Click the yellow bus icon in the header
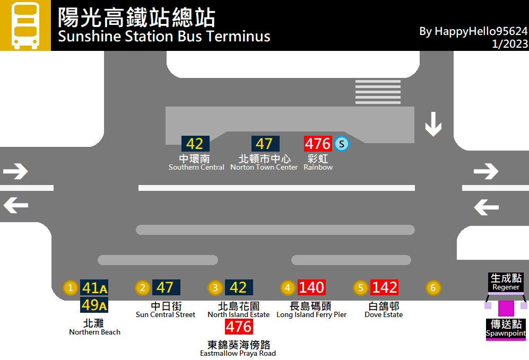(25, 25)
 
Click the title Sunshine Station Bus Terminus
(164, 37)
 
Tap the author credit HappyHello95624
(473, 31)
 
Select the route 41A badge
(94, 288)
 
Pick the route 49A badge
(94, 305)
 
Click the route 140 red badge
(311, 287)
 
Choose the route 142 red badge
(384, 287)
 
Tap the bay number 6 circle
(433, 288)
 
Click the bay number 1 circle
(70, 288)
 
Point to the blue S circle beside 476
(342, 144)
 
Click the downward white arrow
(433, 124)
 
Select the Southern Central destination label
(196, 168)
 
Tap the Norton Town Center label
(264, 168)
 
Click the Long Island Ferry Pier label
(311, 314)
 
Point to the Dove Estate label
(384, 314)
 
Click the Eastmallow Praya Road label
(238, 353)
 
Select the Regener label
(506, 287)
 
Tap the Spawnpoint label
(506, 333)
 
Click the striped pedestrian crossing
(378, 92)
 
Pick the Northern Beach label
(94, 332)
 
